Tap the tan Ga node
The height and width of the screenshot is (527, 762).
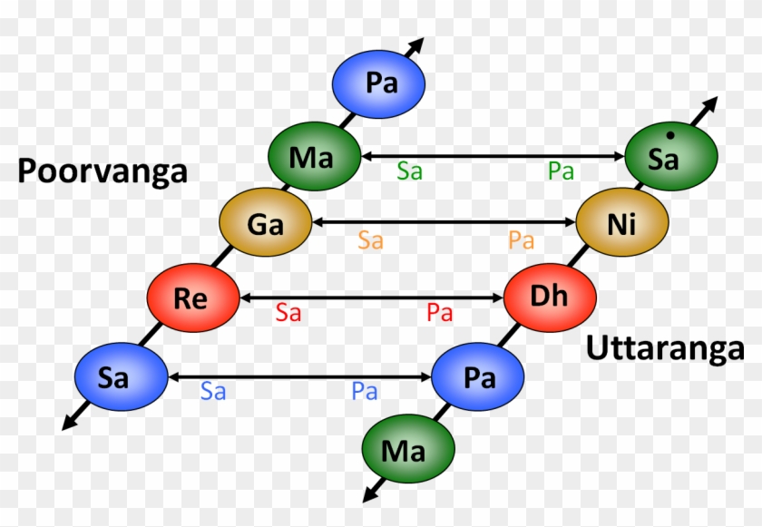point(265,223)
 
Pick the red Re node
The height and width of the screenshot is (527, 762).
point(192,298)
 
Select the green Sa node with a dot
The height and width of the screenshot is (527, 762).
point(671,158)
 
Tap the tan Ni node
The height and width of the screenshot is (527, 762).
point(622,223)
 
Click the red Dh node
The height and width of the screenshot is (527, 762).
point(550,298)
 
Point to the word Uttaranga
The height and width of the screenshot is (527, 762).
point(665,348)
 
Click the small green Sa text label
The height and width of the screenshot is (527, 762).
point(409,171)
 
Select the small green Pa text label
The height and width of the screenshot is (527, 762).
point(561,171)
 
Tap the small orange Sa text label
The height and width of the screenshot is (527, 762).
point(370,240)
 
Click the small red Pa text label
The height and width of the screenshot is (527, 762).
point(439,314)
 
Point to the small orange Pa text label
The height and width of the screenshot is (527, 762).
point(521,240)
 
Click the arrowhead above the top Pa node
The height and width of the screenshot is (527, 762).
point(417,44)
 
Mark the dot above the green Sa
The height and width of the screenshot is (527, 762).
point(669,136)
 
